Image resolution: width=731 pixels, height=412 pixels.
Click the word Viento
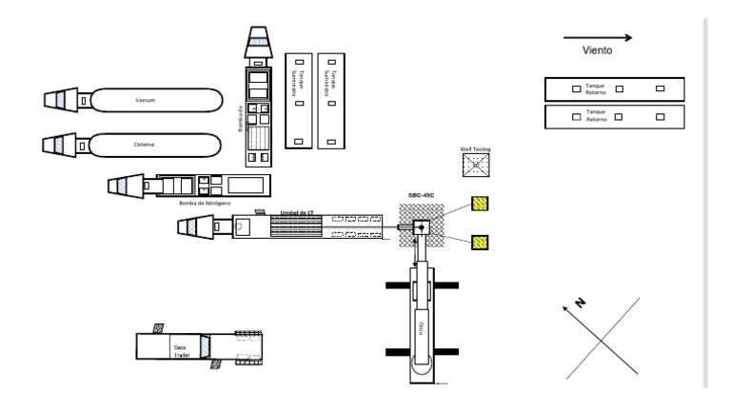pyautogui.click(x=597, y=51)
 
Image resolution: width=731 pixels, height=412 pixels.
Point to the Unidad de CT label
pyautogui.click(x=299, y=212)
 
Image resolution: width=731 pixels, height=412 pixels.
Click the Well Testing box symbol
pyautogui.click(x=474, y=167)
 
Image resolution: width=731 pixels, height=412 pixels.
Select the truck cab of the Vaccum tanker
pyautogui.click(x=59, y=99)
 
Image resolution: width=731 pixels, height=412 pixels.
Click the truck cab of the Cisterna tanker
pyautogui.click(x=59, y=146)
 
